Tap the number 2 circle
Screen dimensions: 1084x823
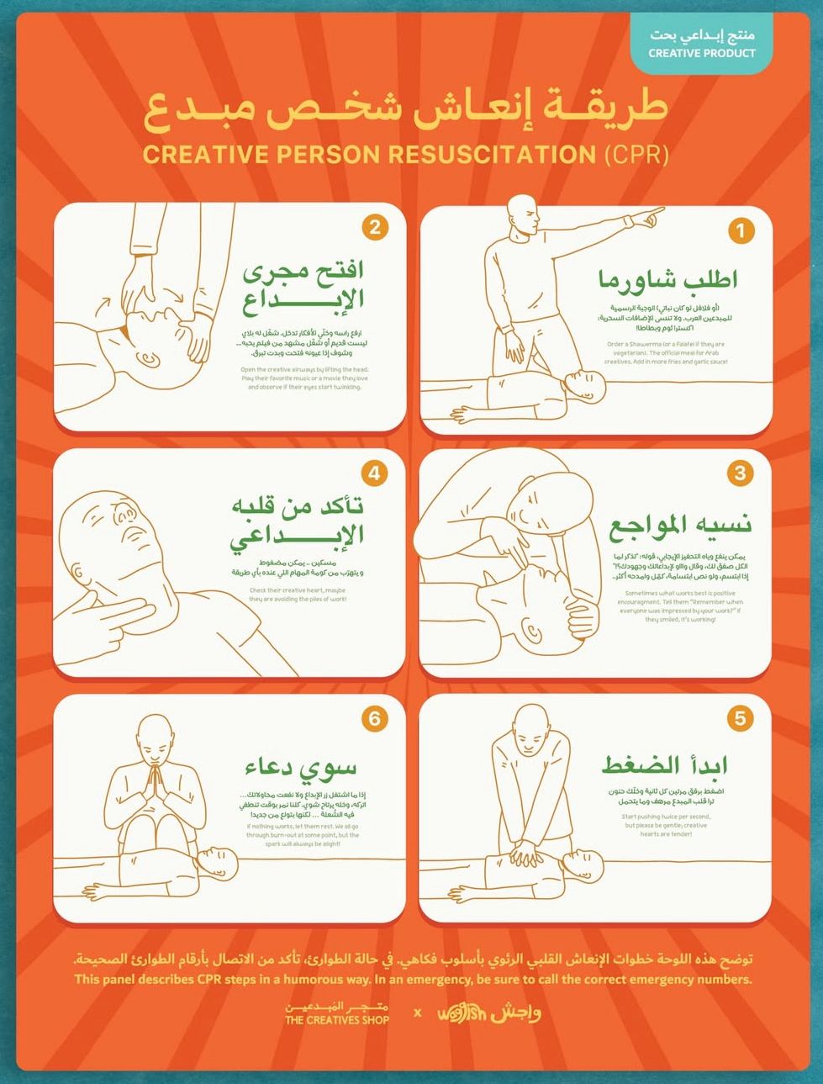[375, 227]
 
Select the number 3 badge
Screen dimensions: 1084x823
[740, 473]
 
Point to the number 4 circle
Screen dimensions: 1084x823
[375, 473]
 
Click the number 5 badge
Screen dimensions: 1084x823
[740, 718]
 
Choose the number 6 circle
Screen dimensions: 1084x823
[375, 718]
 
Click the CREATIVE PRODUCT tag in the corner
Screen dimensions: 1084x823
[701, 45]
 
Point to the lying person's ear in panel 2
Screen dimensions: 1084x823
[149, 360]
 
